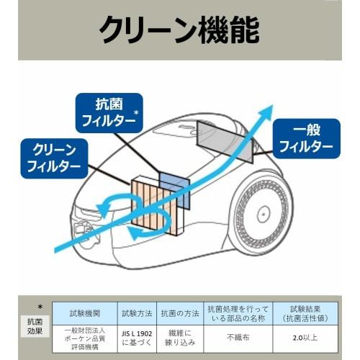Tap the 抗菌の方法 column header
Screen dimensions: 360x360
[x=179, y=314]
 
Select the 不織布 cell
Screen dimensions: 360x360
[x=235, y=337]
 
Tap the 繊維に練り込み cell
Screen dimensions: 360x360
[x=179, y=337]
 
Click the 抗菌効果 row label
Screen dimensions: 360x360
[x=35, y=328]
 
